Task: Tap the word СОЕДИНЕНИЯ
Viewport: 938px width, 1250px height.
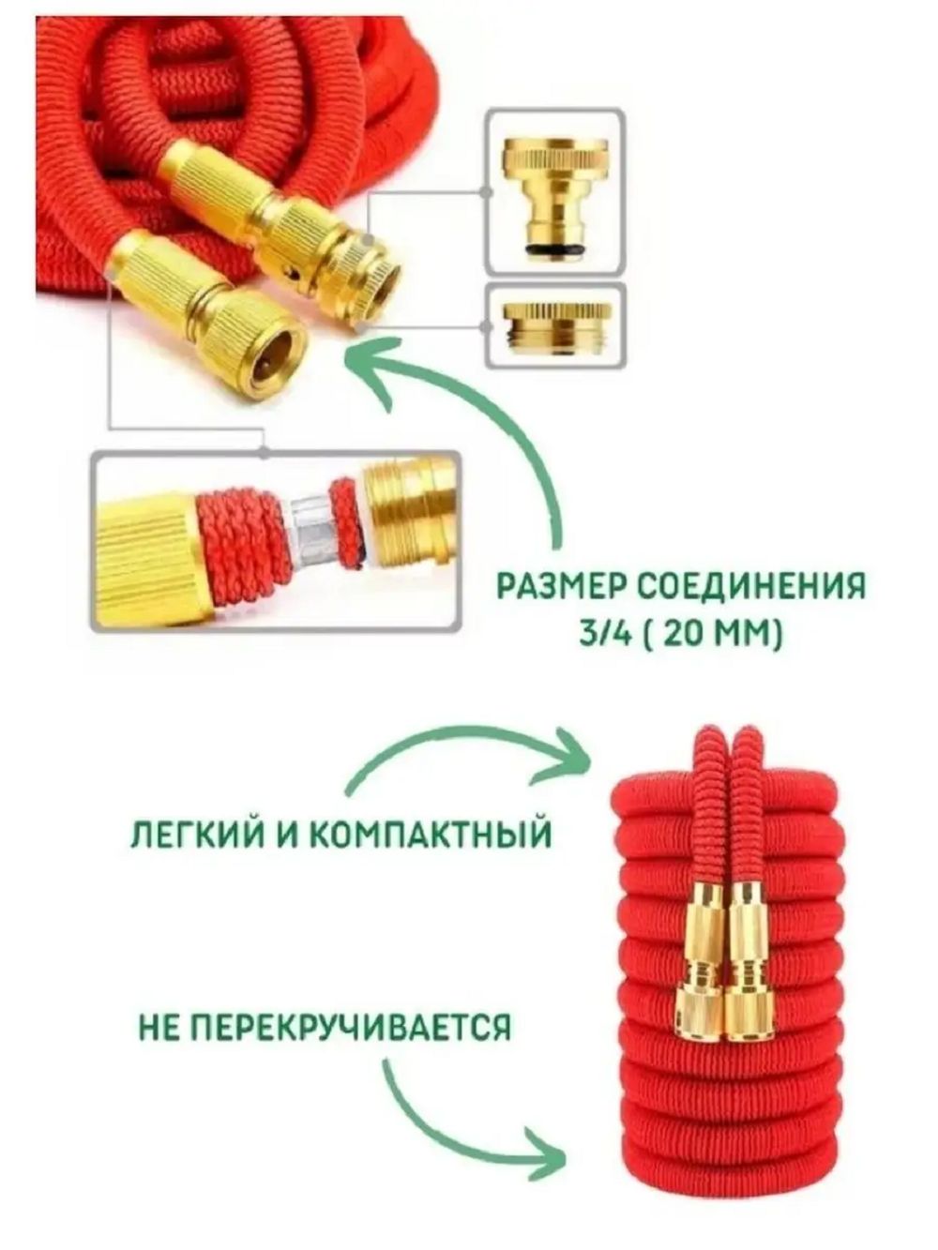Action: (751, 587)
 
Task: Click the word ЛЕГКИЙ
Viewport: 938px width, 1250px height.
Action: (189, 835)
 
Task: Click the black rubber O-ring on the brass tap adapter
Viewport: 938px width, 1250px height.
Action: (556, 249)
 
